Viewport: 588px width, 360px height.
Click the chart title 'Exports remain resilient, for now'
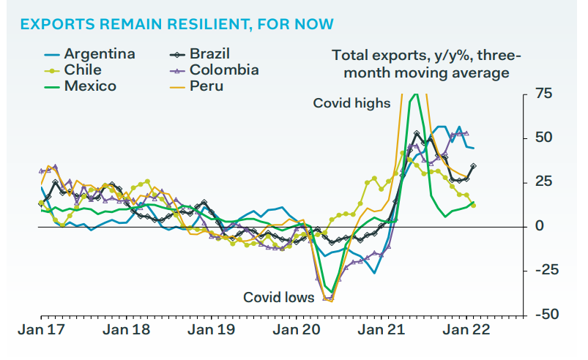pos(176,24)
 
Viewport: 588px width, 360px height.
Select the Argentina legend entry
pos(89,54)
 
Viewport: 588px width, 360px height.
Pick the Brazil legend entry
pos(199,54)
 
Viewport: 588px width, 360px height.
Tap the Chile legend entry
pos(72,70)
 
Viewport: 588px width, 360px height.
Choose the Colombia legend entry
pos(214,70)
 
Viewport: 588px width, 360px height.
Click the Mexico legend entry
pos(81,86)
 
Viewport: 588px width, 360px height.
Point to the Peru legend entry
pos(196,86)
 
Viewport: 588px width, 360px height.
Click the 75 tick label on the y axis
pos(543,93)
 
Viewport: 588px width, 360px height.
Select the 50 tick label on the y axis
pos(544,138)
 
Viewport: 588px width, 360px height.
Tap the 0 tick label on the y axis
pos(539,226)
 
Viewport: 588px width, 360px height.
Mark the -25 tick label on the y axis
pos(547,270)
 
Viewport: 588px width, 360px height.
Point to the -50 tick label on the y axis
pos(547,314)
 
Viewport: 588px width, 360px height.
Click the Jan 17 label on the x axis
pos(41,330)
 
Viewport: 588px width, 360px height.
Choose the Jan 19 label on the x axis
pos(211,330)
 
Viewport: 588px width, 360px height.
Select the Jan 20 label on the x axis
pos(297,330)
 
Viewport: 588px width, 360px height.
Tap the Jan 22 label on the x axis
pos(466,330)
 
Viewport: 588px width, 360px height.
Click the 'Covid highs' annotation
pos(351,103)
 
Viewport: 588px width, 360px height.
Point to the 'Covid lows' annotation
pos(279,298)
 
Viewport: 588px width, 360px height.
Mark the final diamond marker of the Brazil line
pos(473,166)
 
